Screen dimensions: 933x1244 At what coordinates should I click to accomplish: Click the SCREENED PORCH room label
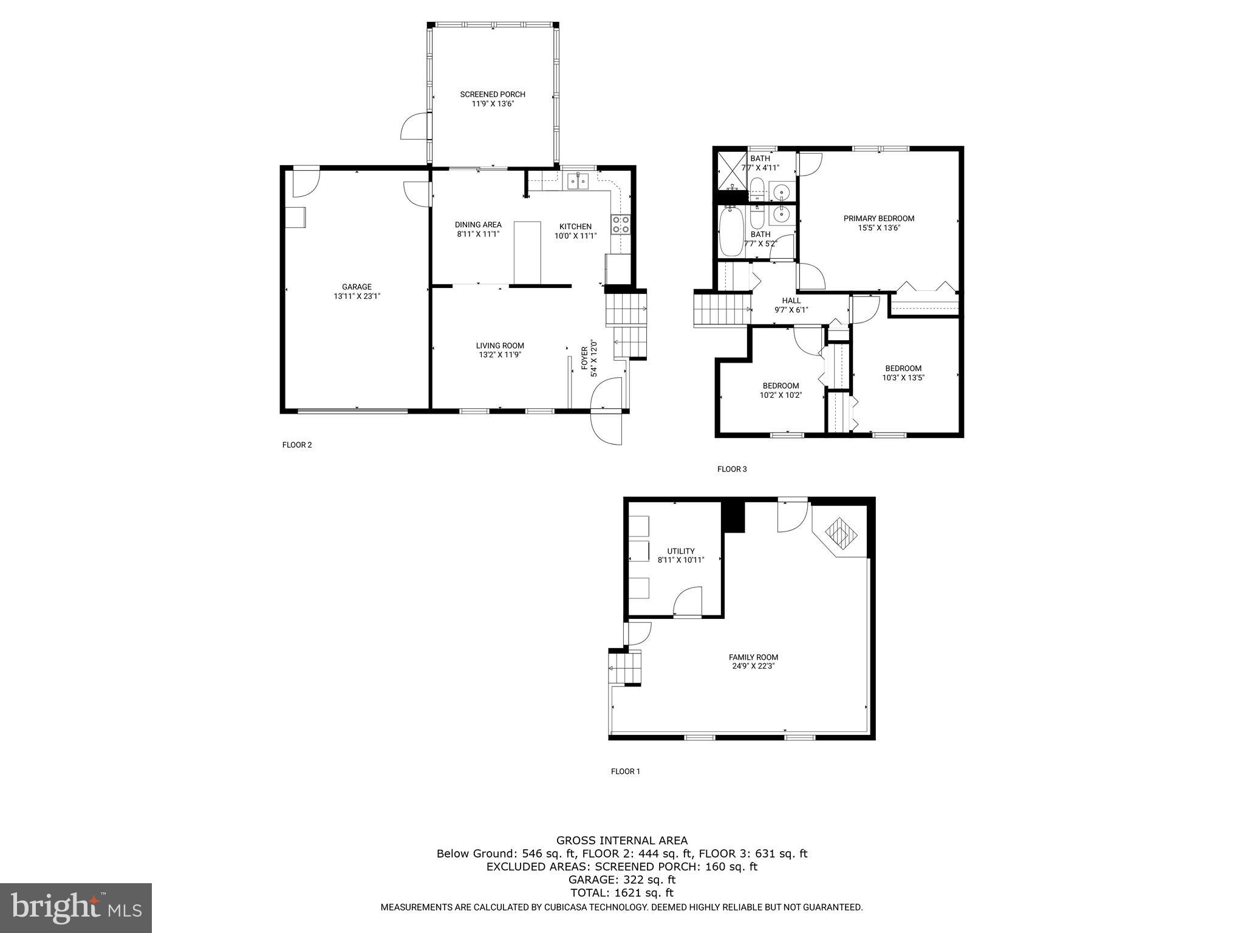tap(492, 94)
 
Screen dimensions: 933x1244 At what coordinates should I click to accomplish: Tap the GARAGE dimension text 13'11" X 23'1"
tap(357, 296)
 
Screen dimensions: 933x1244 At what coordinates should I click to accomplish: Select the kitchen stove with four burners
tap(621, 225)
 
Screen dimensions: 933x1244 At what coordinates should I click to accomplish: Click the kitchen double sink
tap(577, 181)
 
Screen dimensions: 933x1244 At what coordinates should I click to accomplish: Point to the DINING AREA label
tap(478, 225)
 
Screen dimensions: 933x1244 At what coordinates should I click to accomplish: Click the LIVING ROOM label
tap(500, 346)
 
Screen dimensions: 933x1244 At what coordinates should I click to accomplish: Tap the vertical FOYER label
tap(585, 358)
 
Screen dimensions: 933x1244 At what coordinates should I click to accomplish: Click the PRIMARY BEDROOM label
tap(878, 219)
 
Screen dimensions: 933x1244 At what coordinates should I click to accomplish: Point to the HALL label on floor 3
tap(791, 301)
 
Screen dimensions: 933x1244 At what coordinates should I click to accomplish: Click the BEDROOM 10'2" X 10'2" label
tap(781, 386)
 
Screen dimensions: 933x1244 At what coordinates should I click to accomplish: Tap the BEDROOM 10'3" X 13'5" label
tap(903, 368)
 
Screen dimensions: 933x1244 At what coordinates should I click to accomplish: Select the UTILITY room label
tap(680, 552)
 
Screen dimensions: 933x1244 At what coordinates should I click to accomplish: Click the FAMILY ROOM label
tap(753, 657)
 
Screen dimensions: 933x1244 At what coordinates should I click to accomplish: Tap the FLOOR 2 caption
tap(297, 445)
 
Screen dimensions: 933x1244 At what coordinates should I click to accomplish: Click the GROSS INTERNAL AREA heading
tap(622, 841)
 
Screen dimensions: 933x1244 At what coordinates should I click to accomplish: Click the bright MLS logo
tap(76, 907)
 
